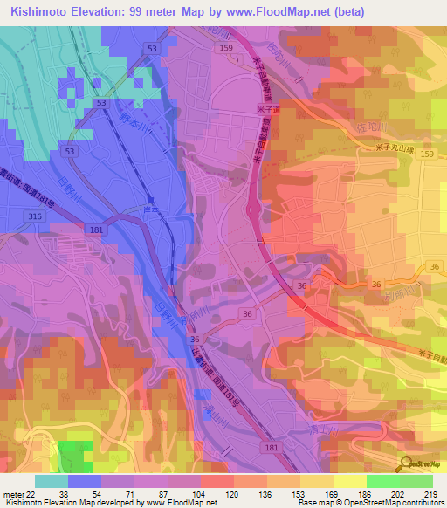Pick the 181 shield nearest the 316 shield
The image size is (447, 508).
click(x=95, y=230)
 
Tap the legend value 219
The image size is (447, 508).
click(x=430, y=494)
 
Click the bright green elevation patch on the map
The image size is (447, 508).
click(x=75, y=457)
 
